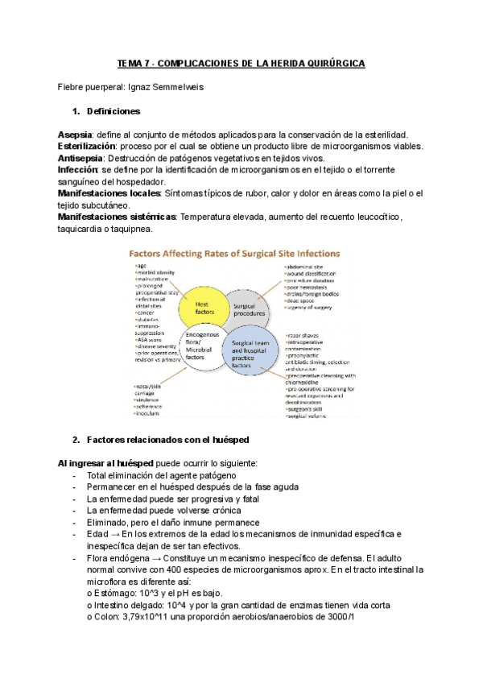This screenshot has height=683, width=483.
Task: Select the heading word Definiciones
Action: (x=113, y=110)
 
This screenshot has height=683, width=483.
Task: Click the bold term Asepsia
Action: (x=76, y=134)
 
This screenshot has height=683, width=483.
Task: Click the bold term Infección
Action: (x=77, y=170)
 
